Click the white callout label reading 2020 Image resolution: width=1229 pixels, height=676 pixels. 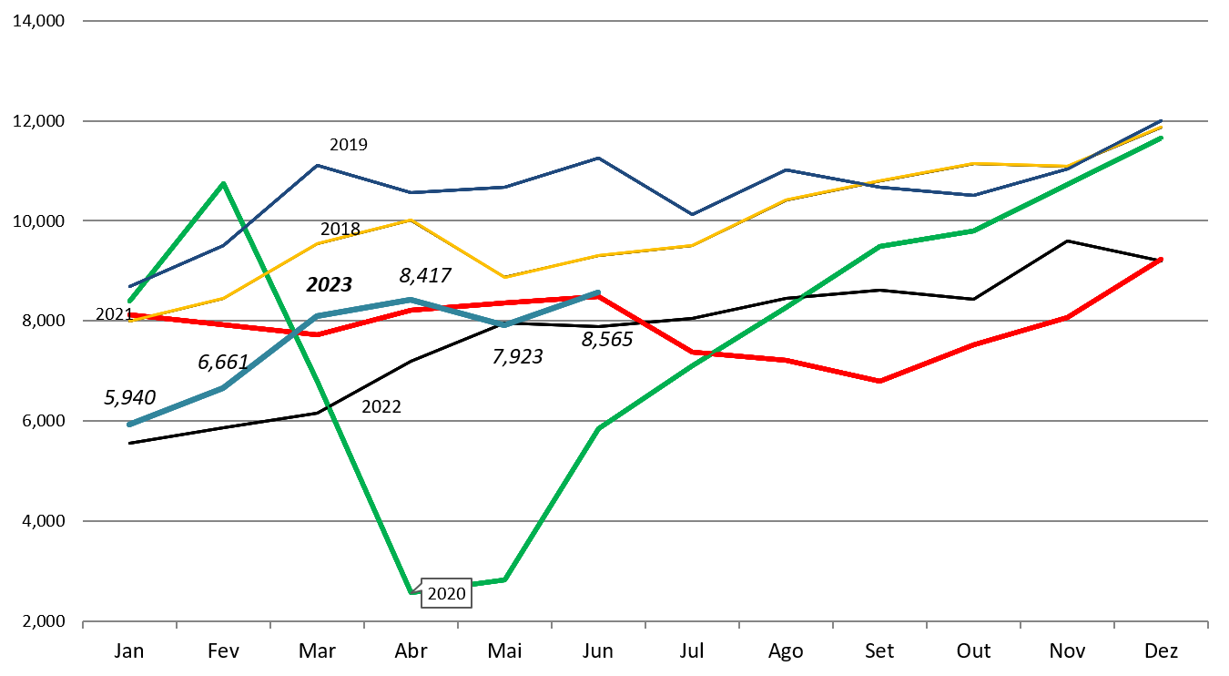pyautogui.click(x=446, y=594)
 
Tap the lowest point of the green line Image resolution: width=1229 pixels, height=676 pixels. pyautogui.click(x=411, y=593)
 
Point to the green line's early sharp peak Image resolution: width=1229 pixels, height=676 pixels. pyautogui.click(x=223, y=184)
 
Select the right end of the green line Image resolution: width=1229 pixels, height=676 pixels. pyautogui.click(x=1162, y=138)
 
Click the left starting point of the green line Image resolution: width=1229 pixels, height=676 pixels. pyautogui.click(x=129, y=301)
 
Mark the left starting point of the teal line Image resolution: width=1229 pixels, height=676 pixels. pyautogui.click(x=129, y=425)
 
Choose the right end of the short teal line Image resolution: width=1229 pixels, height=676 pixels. pyautogui.click(x=598, y=292)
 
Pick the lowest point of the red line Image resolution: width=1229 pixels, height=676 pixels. pyautogui.click(x=879, y=381)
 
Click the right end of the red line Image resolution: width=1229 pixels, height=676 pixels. pyautogui.click(x=1162, y=259)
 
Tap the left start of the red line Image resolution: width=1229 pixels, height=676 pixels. pyautogui.click(x=129, y=315)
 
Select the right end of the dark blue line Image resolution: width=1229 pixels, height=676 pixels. pyautogui.click(x=1162, y=120)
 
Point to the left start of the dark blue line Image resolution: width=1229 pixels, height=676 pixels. pyautogui.click(x=129, y=286)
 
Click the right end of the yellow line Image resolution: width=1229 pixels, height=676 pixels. pyautogui.click(x=1162, y=127)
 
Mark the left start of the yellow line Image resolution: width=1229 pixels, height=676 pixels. pyautogui.click(x=129, y=321)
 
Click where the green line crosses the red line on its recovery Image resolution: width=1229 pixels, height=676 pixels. pyautogui.click(x=711, y=354)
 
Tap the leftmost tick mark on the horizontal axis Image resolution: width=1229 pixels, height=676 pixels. pyautogui.click(x=83, y=625)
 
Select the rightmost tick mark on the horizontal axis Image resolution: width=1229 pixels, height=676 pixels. pyautogui.click(x=1207, y=625)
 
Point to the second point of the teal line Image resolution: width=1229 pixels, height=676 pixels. pyautogui.click(x=223, y=388)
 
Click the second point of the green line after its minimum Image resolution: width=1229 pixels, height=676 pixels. pyautogui.click(x=598, y=428)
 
